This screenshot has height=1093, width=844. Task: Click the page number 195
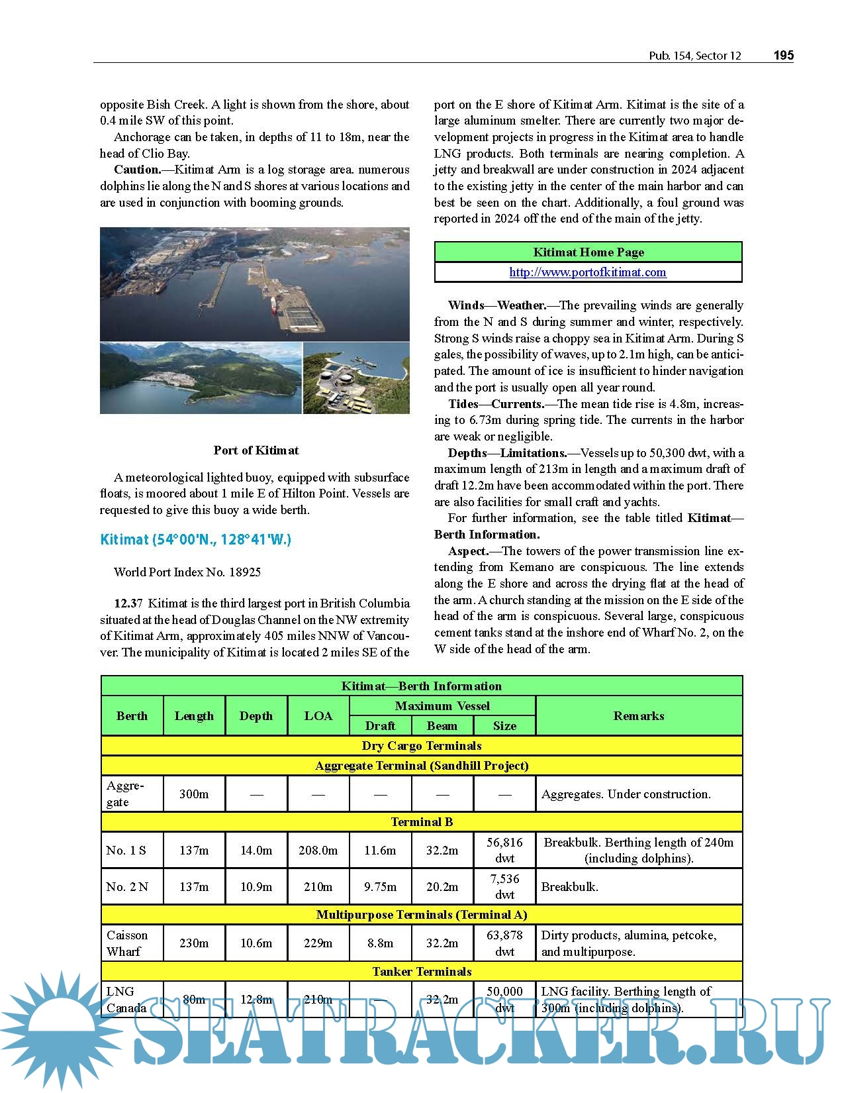pos(783,56)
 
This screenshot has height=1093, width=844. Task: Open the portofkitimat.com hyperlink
pos(588,272)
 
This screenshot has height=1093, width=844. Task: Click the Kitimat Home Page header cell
pos(588,252)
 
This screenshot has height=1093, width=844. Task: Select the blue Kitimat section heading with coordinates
pos(195,539)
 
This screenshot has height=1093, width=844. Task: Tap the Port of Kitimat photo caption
pos(256,450)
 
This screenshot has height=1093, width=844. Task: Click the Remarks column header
pos(638,716)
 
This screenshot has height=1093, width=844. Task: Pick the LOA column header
pos(318,716)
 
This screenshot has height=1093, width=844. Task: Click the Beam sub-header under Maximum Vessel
pos(442,726)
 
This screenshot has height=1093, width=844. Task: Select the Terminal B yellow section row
pos(422,822)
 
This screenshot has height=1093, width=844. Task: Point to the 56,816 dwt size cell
pos(504,850)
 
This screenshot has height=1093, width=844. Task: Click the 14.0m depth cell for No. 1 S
pos(256,851)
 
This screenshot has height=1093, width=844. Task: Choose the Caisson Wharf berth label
pos(126,943)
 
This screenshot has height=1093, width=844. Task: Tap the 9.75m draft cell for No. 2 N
pos(380,887)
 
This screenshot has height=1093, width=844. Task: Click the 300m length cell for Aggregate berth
pos(194,794)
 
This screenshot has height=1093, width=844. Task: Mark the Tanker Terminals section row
pos(422,972)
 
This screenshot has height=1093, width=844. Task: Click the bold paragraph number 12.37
pos(128,603)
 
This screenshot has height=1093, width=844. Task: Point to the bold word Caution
pos(137,170)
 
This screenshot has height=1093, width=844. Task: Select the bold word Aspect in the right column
pos(468,551)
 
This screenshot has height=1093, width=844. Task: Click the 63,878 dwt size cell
pos(504,943)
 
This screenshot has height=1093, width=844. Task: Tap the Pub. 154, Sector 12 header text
pos(694,56)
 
